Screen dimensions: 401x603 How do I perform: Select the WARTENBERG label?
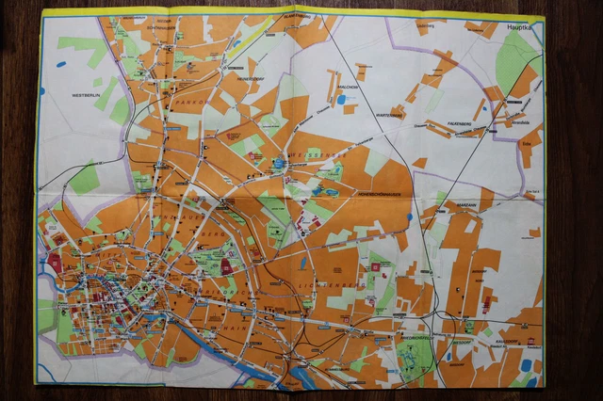388,115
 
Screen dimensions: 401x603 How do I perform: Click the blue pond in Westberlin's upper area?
61,64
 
